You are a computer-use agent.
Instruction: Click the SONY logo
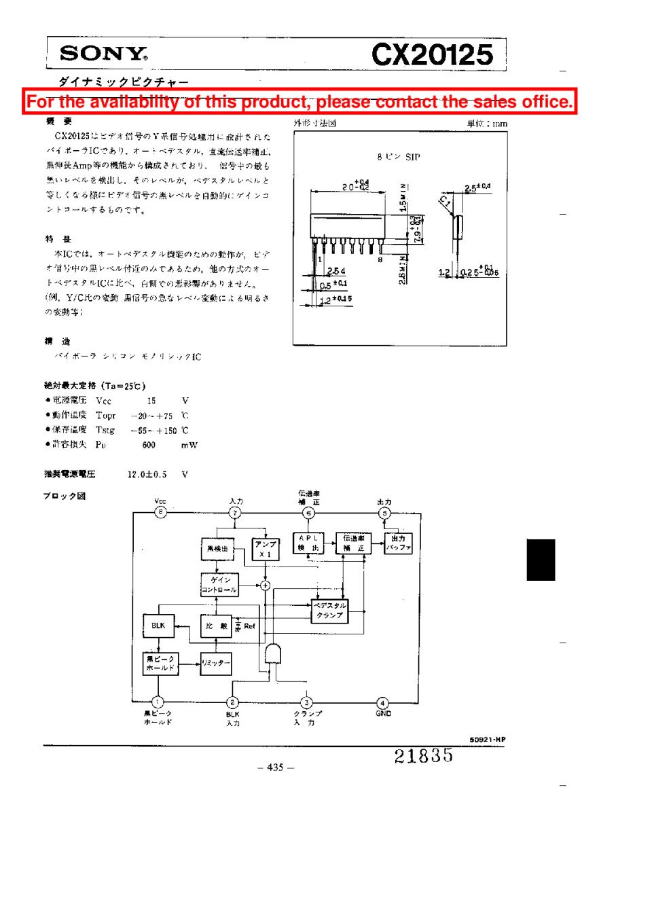tap(103, 54)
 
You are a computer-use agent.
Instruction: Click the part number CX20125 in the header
tap(432, 55)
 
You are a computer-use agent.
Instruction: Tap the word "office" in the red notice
tap(547, 102)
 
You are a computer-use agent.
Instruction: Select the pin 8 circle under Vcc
tap(160, 512)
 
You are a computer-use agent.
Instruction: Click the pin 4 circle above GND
tap(383, 703)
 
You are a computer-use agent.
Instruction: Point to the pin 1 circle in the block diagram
tap(158, 702)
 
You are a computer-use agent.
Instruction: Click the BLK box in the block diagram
tap(158, 626)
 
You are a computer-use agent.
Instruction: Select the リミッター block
tap(216, 663)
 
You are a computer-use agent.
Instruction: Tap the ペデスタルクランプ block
tap(329, 610)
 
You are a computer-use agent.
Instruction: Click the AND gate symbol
tap(273, 653)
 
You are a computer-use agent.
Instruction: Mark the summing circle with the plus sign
tap(265, 586)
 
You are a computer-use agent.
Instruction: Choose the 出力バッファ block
tap(398, 543)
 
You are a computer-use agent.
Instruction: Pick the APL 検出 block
tap(308, 543)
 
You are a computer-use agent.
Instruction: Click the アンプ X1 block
tap(265, 549)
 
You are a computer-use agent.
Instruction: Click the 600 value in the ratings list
tap(149, 446)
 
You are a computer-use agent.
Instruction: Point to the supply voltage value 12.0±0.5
tap(147, 474)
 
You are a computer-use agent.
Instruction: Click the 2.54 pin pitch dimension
tap(335, 271)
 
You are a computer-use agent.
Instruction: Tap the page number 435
tap(275, 768)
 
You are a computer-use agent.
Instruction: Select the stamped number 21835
tap(423, 755)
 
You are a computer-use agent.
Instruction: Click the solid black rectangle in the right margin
tap(541, 560)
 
